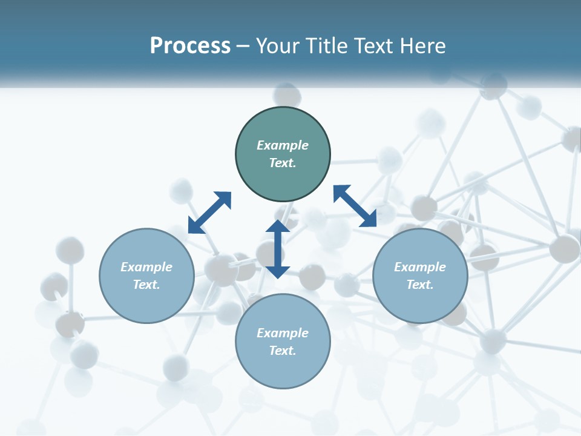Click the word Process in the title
[x=190, y=46]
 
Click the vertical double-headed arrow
[x=278, y=249]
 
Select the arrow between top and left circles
[x=209, y=212]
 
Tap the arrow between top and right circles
[x=355, y=206]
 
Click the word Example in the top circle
[x=283, y=145]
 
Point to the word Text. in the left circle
[x=146, y=285]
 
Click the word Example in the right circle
[x=420, y=267]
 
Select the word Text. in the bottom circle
[x=283, y=351]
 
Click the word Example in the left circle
[x=146, y=267]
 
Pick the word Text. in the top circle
[x=283, y=163]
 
